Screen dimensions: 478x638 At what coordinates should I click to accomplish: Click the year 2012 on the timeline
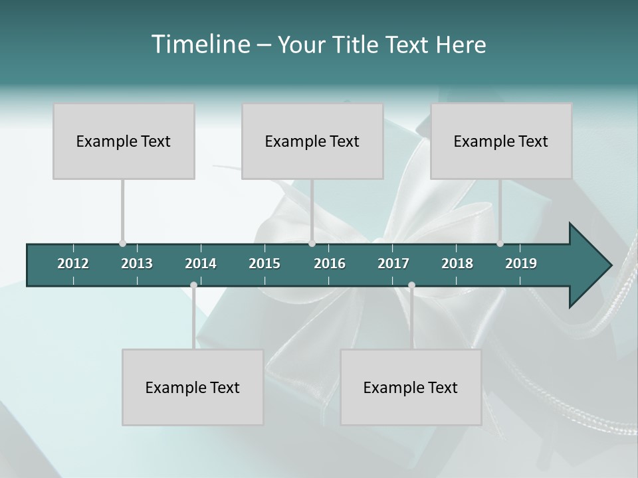point(73,264)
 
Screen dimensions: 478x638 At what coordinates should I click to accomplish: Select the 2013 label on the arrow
point(137,264)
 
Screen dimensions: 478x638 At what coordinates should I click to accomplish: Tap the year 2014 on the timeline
point(201,264)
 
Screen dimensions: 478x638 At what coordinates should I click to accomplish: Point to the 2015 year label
point(265,264)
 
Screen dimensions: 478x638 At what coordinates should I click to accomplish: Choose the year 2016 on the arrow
point(330,264)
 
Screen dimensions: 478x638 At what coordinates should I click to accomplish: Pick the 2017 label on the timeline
point(393,264)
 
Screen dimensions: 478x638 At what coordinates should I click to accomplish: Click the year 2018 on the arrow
point(457,264)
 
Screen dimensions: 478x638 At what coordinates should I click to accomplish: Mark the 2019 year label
point(521,264)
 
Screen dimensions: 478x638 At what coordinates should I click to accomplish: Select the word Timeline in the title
point(200,44)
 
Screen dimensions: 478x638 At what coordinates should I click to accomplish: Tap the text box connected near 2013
point(124,141)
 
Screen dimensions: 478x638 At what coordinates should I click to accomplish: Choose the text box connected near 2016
point(312,141)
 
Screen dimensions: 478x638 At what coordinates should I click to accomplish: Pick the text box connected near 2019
point(501,141)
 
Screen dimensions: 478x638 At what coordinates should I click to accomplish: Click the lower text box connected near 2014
point(193,387)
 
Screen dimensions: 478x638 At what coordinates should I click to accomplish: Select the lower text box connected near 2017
point(411,387)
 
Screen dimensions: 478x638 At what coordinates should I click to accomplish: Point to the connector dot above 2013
point(122,244)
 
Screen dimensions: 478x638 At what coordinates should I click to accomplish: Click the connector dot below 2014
point(193,285)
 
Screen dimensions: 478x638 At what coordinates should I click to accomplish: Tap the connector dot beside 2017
point(411,285)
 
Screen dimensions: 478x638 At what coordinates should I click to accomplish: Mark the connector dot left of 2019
point(500,244)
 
